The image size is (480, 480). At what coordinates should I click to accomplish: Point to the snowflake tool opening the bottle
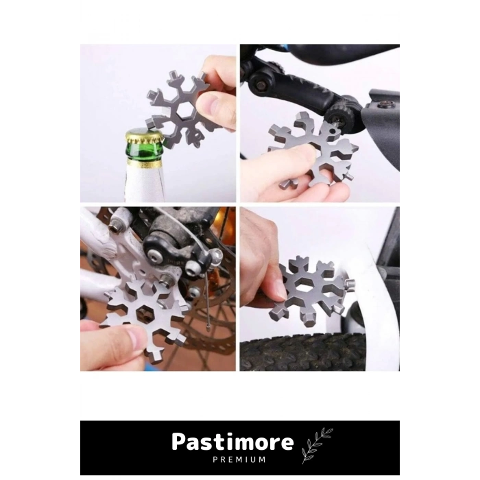(x=182, y=108)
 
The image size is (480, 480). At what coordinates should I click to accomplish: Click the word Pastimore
(x=232, y=442)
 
